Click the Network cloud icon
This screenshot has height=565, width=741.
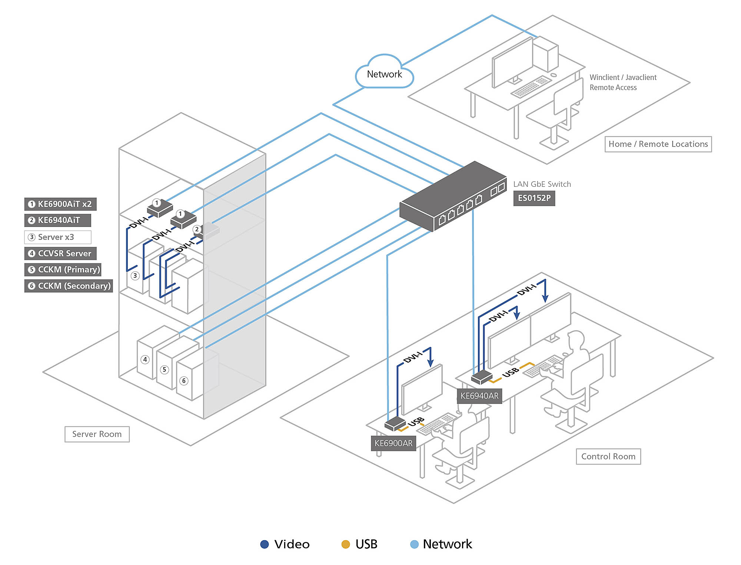point(384,73)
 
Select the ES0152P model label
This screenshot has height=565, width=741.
point(534,198)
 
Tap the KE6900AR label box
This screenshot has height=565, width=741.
point(393,443)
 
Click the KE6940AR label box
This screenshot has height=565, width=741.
point(479,396)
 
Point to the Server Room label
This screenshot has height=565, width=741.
point(97,434)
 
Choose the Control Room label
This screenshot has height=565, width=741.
point(608,456)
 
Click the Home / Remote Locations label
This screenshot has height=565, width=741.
point(658,144)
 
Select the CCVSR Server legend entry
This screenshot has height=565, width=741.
point(60,254)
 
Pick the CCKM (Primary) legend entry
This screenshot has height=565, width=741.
point(63,270)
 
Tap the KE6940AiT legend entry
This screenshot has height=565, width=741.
point(57,220)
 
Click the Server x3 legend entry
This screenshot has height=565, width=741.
point(57,237)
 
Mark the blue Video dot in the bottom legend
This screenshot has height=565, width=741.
point(264,544)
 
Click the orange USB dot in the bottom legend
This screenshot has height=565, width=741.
point(345,544)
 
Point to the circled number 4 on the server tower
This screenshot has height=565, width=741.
point(145,359)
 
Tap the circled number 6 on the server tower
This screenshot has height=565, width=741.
point(184,381)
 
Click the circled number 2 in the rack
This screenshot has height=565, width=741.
point(197,229)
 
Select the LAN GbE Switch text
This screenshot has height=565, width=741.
point(542,184)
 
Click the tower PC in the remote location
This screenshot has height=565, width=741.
point(545,54)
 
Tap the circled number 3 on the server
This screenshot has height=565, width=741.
point(135,275)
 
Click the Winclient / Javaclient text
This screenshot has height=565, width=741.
point(623,77)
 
